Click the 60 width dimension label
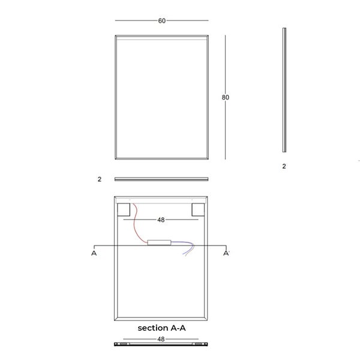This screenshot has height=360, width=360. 162,21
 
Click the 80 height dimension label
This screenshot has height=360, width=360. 226,98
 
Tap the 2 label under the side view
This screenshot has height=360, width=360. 284,166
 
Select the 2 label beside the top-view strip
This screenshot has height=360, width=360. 100,179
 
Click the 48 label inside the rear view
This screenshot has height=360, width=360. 161,220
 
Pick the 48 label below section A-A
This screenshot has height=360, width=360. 161,339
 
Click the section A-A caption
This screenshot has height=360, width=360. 161,328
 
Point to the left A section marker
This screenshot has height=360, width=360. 94,253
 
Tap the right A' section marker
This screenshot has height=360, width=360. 226,253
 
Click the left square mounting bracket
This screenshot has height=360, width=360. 124,209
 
